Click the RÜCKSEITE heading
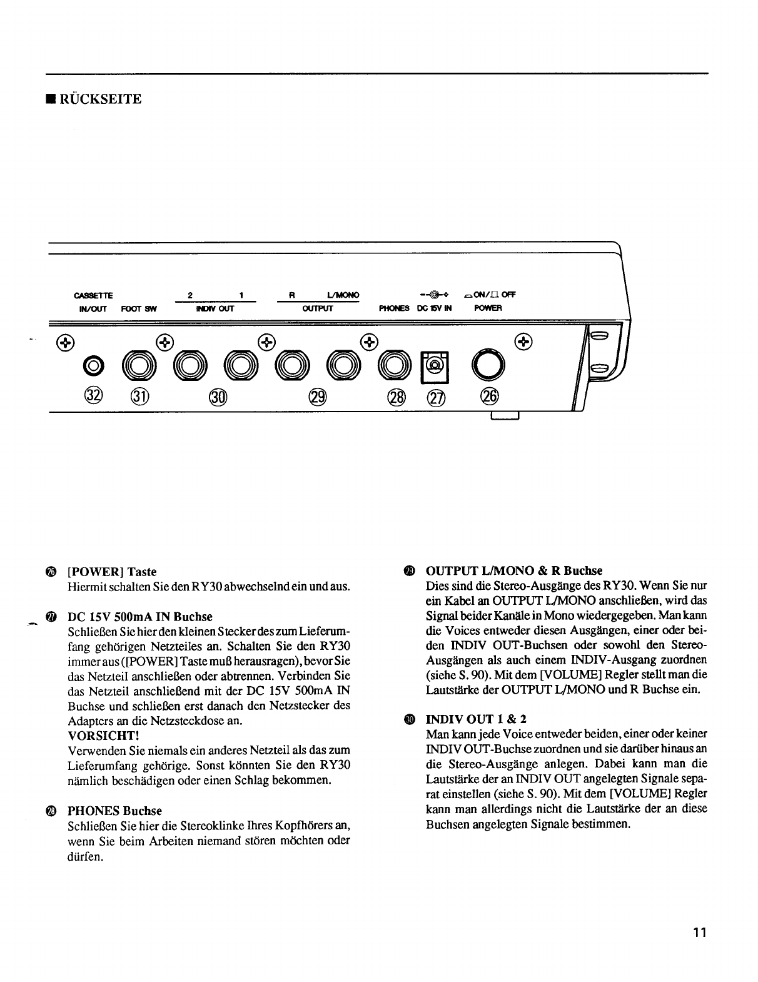coord(100,99)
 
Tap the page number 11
coord(699,933)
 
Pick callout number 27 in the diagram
coord(435,396)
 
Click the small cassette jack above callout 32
coord(93,365)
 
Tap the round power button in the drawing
coord(488,365)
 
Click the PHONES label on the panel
coord(394,308)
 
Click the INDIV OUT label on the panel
coord(215,308)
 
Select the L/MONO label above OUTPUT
coord(343,295)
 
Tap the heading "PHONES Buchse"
coord(114,811)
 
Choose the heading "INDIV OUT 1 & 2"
coord(476,719)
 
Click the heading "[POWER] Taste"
coord(112,572)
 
